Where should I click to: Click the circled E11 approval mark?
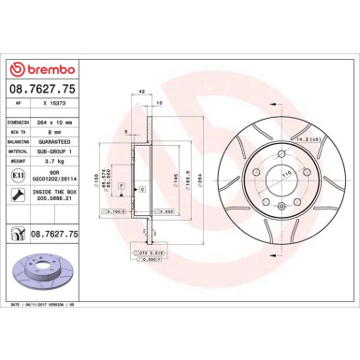(x=19, y=175)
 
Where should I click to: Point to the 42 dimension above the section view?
(x=141, y=92)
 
